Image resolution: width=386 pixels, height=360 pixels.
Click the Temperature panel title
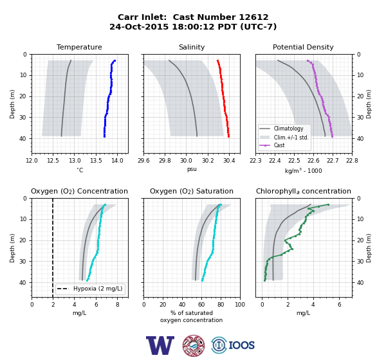click(79, 47)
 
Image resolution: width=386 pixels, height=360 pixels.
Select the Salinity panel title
click(192, 47)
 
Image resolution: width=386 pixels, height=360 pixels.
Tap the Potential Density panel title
click(303, 47)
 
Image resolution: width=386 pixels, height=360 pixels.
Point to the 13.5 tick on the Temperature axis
click(96, 161)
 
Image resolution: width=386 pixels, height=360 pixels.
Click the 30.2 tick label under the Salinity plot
click(208, 161)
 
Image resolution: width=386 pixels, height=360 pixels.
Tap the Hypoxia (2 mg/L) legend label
click(98, 289)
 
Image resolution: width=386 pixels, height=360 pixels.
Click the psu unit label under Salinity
click(192, 170)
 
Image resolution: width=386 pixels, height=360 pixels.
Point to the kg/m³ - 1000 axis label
click(303, 170)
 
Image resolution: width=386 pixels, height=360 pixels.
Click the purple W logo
click(160, 345)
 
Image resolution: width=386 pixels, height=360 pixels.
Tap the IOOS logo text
click(241, 345)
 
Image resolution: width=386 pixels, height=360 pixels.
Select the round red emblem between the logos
click(194, 345)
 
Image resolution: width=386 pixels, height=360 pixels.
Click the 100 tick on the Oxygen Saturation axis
click(240, 305)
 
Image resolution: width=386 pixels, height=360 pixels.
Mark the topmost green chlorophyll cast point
click(328, 204)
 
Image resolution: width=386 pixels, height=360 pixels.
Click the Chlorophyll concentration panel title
click(303, 191)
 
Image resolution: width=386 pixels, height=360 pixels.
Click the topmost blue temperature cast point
click(115, 60)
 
